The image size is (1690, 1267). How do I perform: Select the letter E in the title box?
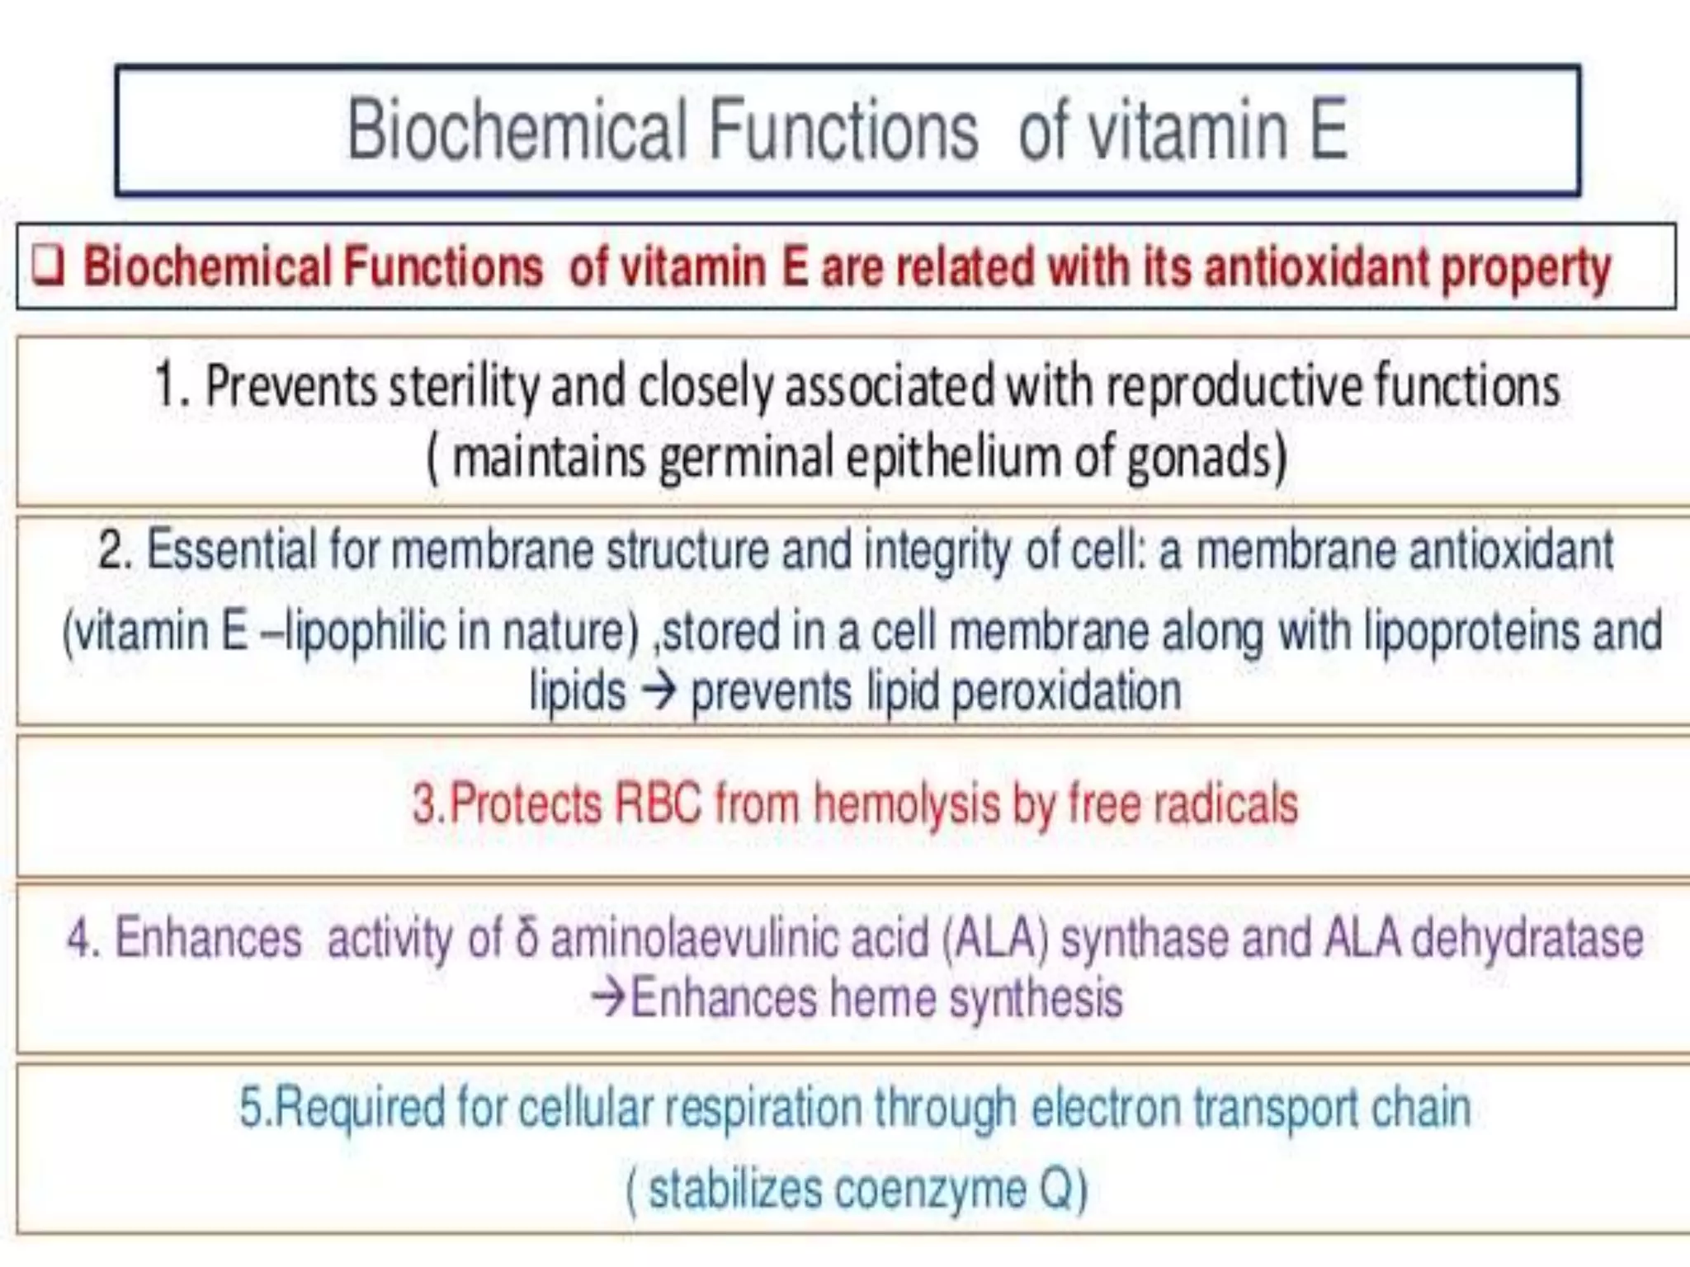(1328, 130)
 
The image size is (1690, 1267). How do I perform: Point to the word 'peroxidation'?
(1066, 691)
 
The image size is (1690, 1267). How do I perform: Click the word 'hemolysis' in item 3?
(907, 805)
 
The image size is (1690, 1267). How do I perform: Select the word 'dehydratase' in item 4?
(1527, 939)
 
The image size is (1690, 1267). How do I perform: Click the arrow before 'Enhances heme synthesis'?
(609, 997)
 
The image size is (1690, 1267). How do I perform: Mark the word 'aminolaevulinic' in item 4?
(739, 939)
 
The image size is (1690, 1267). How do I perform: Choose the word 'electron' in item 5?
(1106, 1107)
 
